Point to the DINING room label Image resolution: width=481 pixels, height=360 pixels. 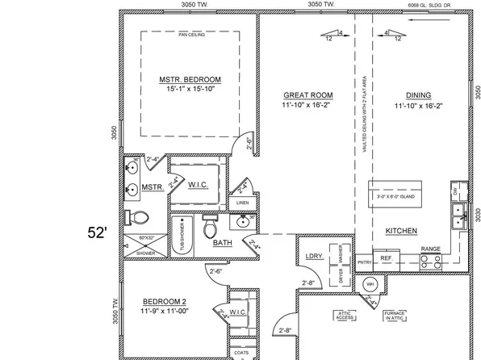point(417,95)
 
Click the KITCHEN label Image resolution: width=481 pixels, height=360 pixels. point(401,231)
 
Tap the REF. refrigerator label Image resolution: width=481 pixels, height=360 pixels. point(386,260)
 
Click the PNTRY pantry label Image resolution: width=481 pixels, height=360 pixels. point(364,262)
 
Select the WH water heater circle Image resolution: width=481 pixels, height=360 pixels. point(370,284)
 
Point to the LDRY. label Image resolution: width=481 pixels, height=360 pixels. point(314,257)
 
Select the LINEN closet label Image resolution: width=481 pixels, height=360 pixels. point(242,203)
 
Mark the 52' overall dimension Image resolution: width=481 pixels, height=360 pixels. point(97,232)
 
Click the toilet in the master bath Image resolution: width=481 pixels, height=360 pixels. point(138,216)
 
